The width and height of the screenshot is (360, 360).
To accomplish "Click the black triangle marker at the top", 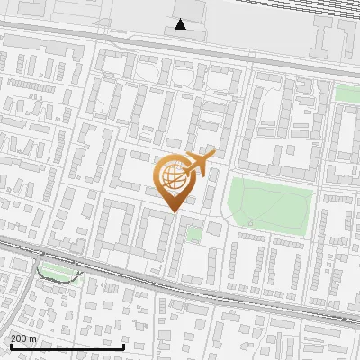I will [x=181, y=24].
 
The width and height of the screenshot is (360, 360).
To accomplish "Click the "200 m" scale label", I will [x=24, y=338].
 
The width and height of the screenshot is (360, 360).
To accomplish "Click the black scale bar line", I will [x=67, y=346].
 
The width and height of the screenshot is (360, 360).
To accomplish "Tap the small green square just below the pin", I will [x=193, y=233].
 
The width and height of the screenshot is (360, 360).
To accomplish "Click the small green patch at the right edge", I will [x=347, y=94].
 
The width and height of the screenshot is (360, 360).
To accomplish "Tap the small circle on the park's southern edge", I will [x=251, y=223].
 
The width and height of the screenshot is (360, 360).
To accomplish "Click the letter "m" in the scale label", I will [x=33, y=338].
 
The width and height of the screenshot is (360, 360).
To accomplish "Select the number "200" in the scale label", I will [x=20, y=338].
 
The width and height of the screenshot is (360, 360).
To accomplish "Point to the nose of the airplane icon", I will [x=214, y=156].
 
